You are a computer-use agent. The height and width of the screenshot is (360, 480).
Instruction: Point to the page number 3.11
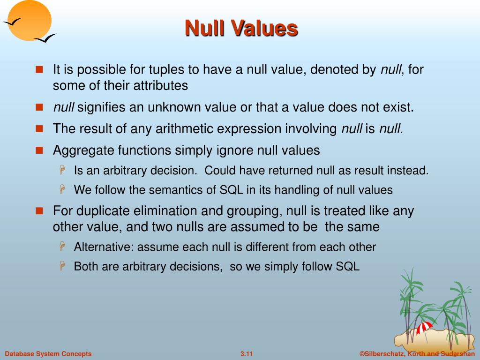[x=246, y=354]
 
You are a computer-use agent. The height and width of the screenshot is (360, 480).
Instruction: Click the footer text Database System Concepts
[x=48, y=354]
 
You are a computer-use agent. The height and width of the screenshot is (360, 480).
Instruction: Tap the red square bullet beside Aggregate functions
[x=39, y=150]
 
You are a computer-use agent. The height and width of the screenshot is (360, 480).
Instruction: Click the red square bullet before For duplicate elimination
[x=39, y=210]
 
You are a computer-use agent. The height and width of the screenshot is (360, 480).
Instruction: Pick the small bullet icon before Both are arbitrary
[x=62, y=267]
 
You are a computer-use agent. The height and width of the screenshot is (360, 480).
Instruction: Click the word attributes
[x=158, y=86]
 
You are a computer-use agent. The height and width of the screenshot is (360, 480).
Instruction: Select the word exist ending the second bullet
[x=399, y=107]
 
